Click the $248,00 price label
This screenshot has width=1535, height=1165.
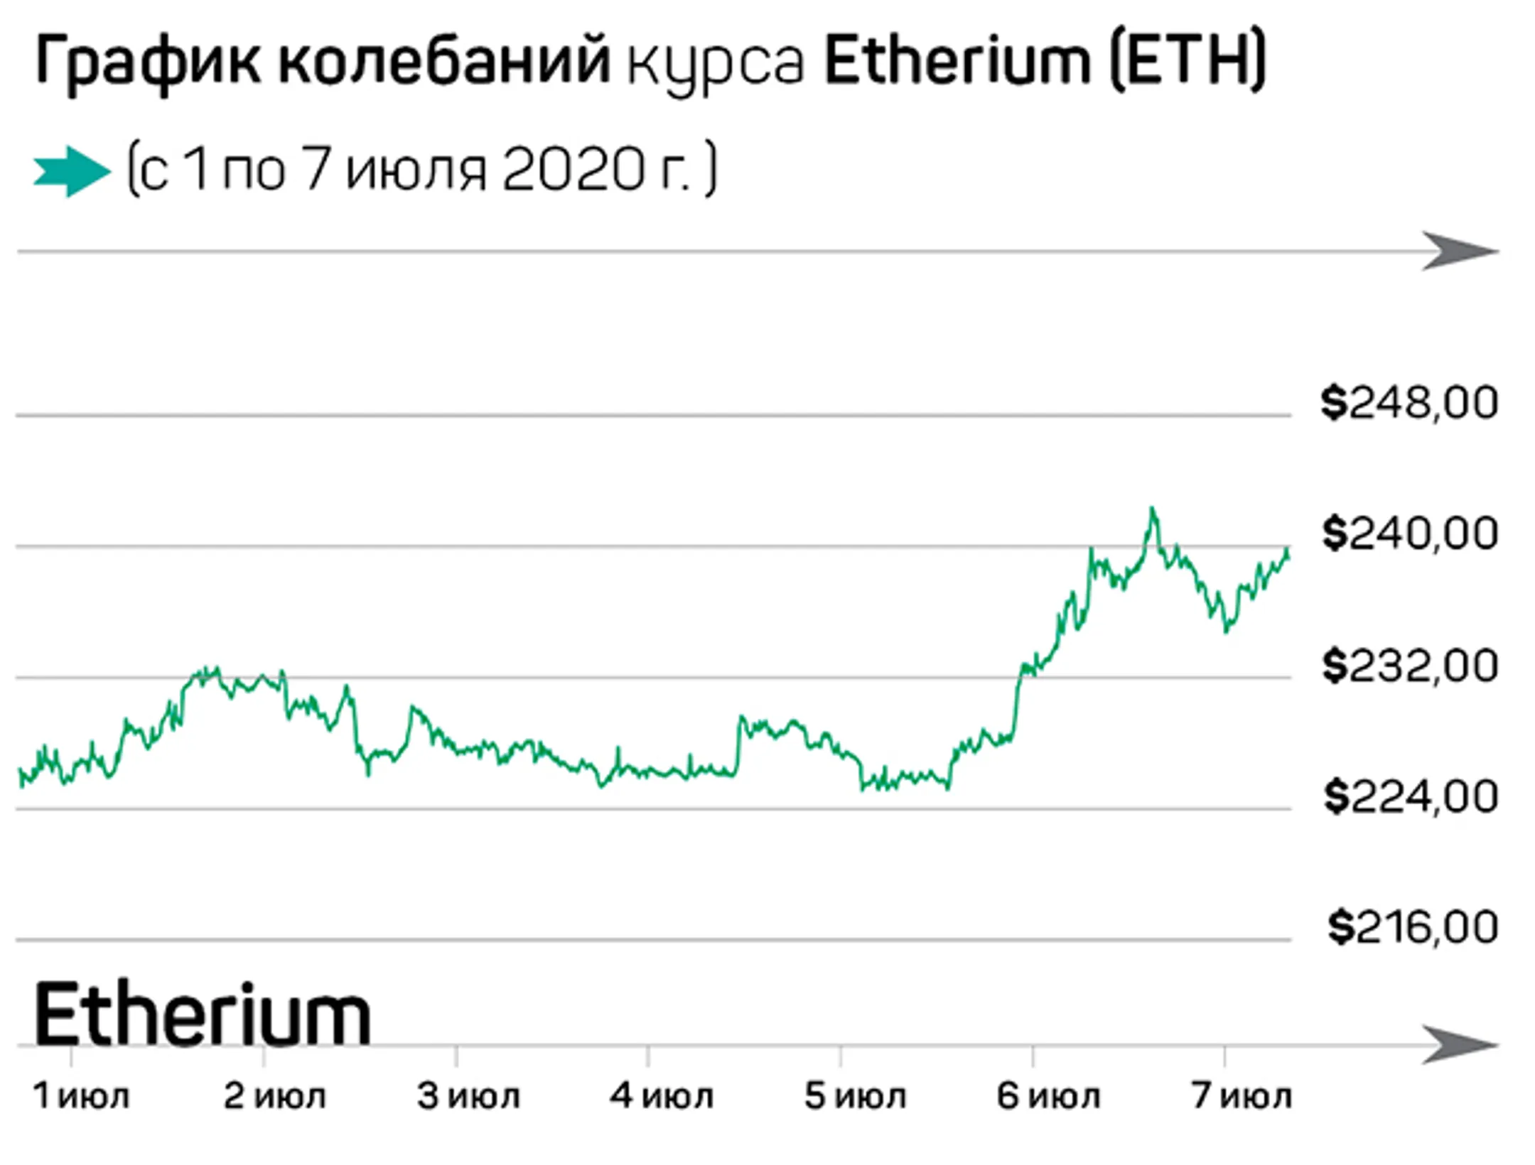[1409, 403]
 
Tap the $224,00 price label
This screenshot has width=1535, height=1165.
[1411, 797]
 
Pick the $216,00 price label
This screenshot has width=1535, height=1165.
[1413, 928]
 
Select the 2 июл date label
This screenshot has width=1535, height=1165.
[274, 1096]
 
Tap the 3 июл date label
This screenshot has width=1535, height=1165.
[468, 1096]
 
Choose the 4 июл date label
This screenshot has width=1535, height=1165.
[661, 1096]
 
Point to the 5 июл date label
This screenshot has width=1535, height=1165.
[855, 1096]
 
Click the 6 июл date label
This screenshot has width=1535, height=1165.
[1048, 1096]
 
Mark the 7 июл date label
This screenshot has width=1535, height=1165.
[1242, 1096]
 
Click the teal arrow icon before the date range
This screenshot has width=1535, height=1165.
[72, 171]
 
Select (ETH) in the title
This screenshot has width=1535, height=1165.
[1187, 60]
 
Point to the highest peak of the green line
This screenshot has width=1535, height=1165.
[1153, 509]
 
